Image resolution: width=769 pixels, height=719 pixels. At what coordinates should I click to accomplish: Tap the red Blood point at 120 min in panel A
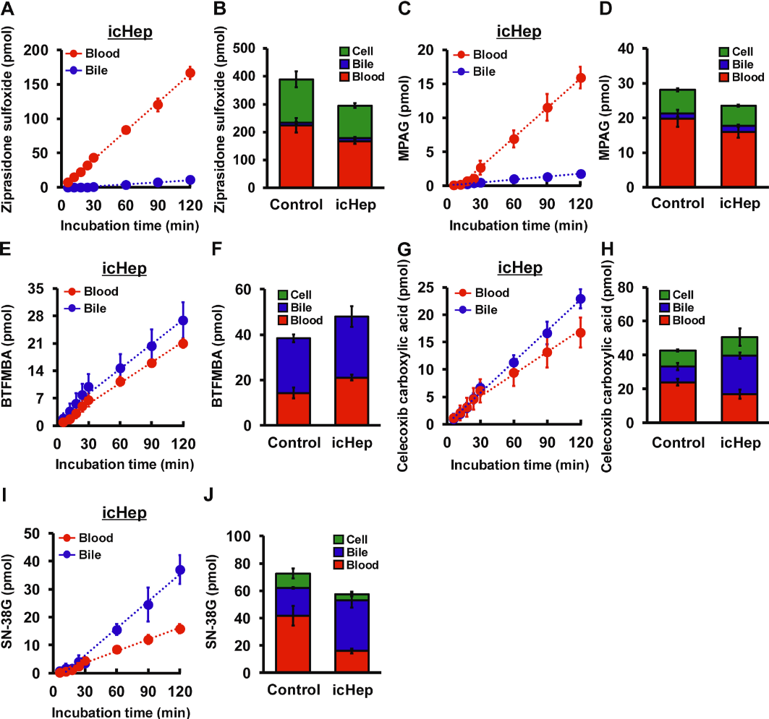[190, 72]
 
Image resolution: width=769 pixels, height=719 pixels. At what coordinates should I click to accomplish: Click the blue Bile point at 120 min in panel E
[183, 320]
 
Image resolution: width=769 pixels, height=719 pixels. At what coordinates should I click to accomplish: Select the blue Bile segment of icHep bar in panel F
[352, 347]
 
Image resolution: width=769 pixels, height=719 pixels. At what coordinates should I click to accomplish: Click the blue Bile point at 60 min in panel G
[514, 363]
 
